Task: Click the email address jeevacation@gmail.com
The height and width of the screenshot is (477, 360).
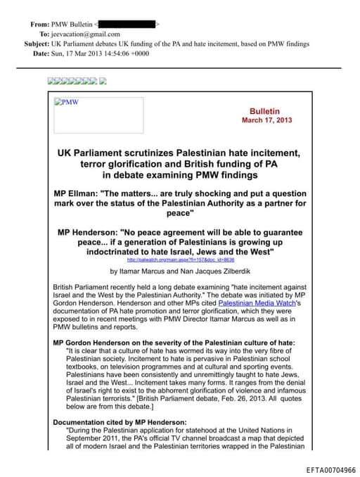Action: pos(82,33)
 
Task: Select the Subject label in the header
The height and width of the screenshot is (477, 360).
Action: pos(36,44)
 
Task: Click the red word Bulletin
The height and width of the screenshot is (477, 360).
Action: pos(265,111)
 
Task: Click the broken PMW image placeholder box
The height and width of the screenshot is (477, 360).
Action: pos(98,115)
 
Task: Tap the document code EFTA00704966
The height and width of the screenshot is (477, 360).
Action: pos(330,469)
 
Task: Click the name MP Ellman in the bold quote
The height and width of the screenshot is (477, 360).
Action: pos(77,193)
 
